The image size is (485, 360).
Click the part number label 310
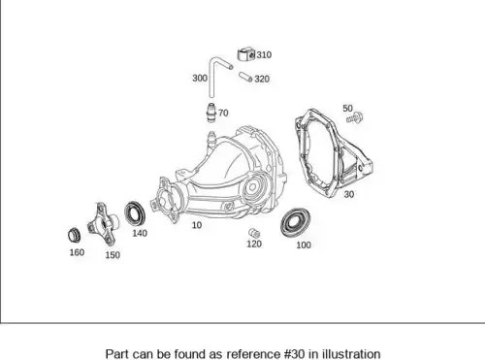click(x=264, y=55)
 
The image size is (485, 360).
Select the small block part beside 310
click(x=246, y=54)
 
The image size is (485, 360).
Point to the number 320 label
click(x=262, y=79)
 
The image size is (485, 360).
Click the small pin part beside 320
click(x=245, y=77)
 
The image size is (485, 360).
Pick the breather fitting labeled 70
click(x=211, y=113)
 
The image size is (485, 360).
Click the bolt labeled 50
click(x=355, y=117)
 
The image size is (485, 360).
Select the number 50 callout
click(x=347, y=108)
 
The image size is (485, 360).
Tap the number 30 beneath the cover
click(x=349, y=194)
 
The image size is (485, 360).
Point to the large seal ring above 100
click(x=295, y=222)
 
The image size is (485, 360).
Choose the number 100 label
click(x=304, y=245)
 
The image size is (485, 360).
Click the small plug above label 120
click(x=254, y=233)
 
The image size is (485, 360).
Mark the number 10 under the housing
click(x=197, y=225)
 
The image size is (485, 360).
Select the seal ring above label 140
click(x=135, y=213)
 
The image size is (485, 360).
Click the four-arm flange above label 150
click(x=103, y=224)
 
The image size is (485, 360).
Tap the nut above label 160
click(x=75, y=235)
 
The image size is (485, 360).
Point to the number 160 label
click(x=77, y=252)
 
